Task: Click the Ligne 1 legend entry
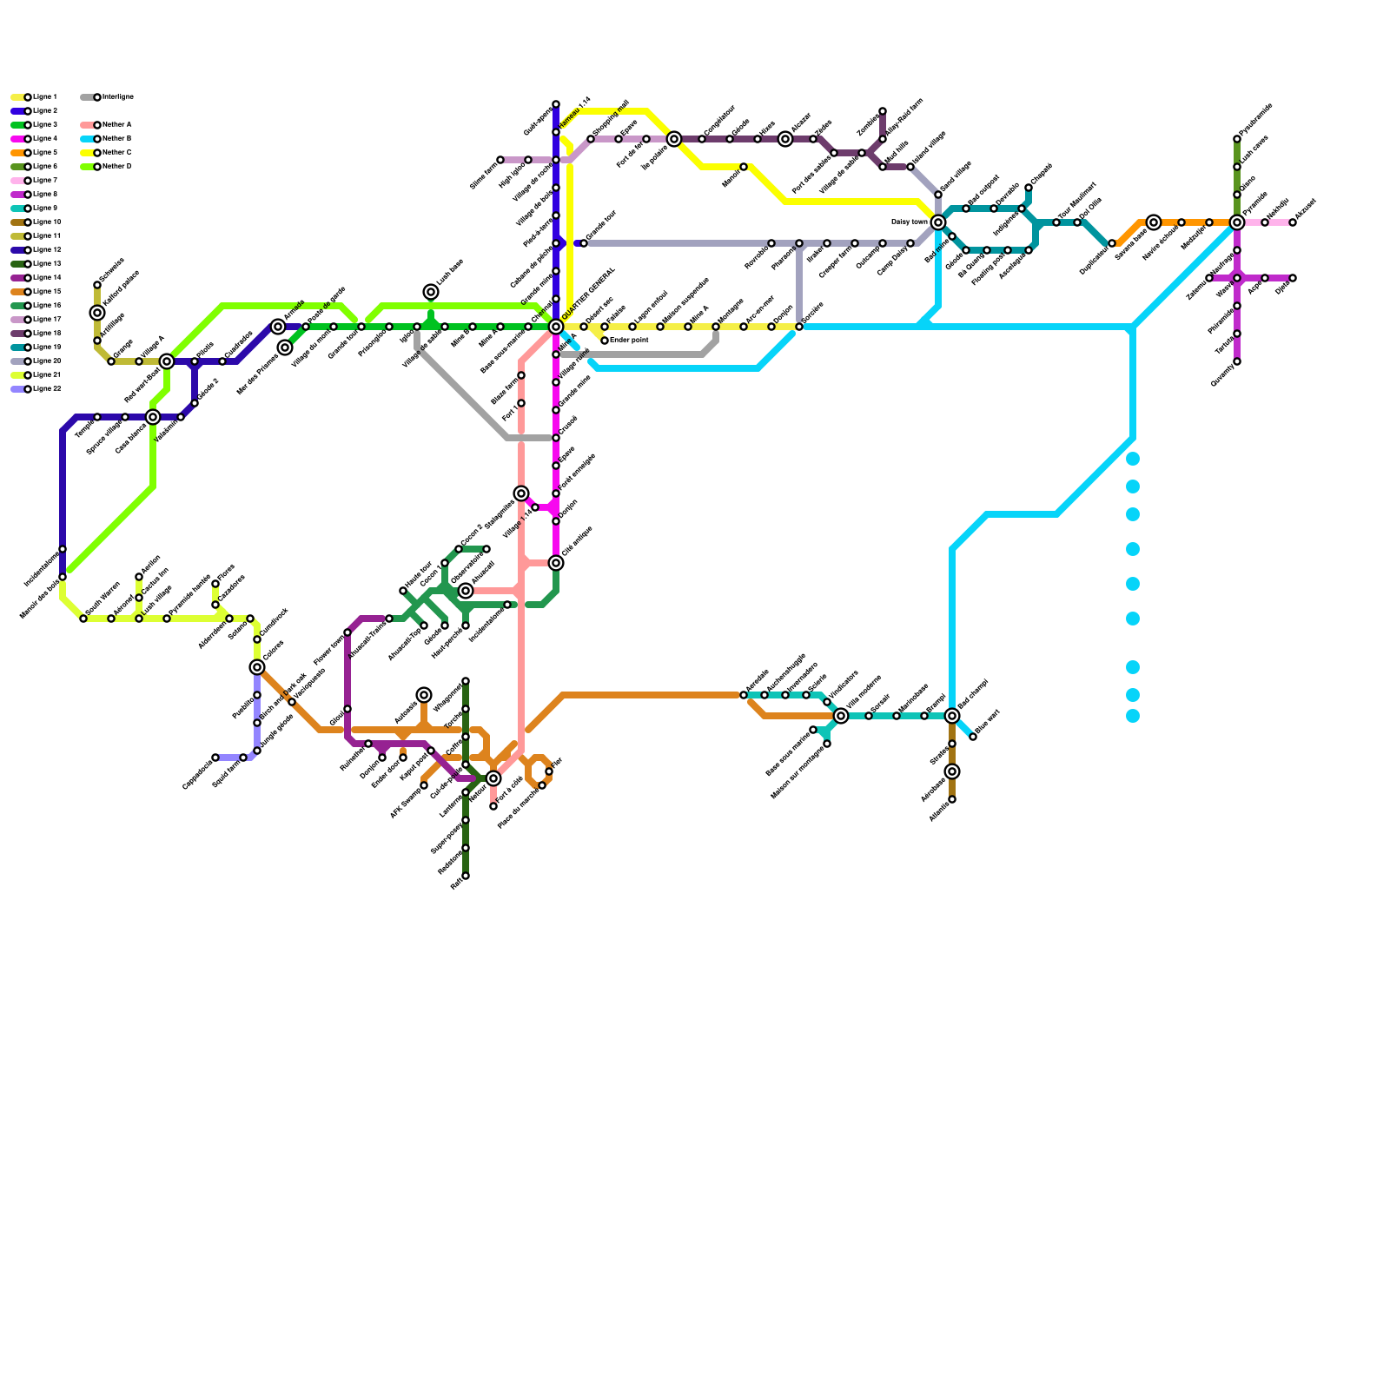[x=35, y=97]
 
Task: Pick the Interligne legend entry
[x=108, y=97]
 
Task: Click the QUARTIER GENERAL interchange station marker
[x=556, y=327]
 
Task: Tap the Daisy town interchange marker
[x=938, y=222]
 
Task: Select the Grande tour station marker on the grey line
[x=584, y=243]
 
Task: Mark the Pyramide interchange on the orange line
[x=1237, y=222]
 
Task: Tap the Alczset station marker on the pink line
[x=1293, y=222]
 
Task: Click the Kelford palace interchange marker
[x=97, y=313]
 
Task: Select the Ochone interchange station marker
[x=257, y=667]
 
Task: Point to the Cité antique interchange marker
[x=556, y=563]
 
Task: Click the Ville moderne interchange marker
[x=841, y=716]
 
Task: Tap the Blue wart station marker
[x=973, y=737]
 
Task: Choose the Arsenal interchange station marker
[x=466, y=591]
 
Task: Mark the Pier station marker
[x=549, y=771]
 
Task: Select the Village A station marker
[x=139, y=361]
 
